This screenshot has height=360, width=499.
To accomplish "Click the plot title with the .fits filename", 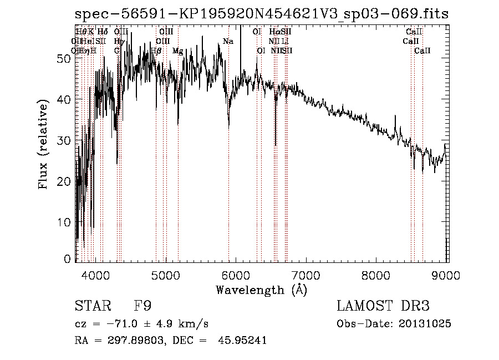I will [261, 14].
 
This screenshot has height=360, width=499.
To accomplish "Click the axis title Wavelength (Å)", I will [261, 290].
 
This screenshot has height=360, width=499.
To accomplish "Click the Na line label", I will [228, 42].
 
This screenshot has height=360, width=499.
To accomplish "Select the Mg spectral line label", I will [177, 51].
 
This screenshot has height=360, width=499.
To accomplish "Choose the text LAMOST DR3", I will [383, 307].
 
